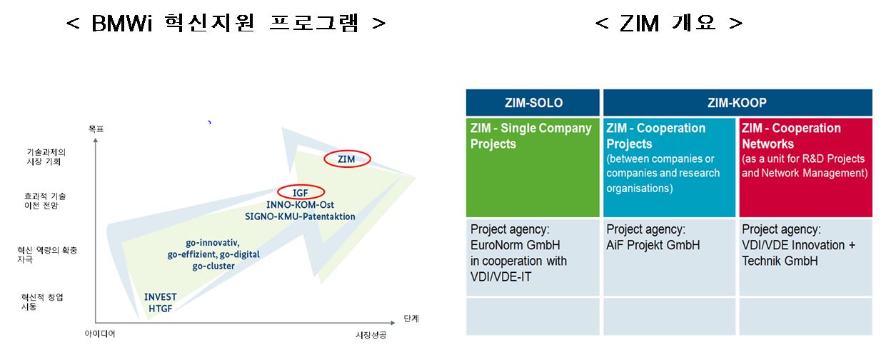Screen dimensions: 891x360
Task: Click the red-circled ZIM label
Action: (x=346, y=159)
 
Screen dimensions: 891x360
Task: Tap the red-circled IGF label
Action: (x=301, y=193)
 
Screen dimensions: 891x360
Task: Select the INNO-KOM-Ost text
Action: (x=300, y=205)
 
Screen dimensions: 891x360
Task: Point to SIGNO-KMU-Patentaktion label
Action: (x=300, y=216)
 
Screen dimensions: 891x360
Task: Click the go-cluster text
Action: (x=213, y=266)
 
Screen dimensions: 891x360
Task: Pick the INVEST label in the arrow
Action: (x=161, y=297)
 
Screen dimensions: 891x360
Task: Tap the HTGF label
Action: (x=161, y=309)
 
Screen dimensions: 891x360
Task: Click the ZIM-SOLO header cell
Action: (x=533, y=103)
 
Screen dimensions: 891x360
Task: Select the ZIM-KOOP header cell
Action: (x=738, y=103)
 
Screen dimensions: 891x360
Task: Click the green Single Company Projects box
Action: (x=533, y=167)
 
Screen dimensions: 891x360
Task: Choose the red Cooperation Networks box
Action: (x=805, y=167)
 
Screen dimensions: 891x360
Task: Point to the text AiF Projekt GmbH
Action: (x=653, y=245)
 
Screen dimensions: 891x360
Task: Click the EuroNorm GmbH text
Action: (x=515, y=245)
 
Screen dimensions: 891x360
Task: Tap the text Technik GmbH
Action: (x=780, y=261)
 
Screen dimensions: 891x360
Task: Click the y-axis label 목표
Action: (x=96, y=129)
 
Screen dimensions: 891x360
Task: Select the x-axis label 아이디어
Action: (x=100, y=334)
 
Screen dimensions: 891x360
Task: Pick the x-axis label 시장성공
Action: (x=371, y=335)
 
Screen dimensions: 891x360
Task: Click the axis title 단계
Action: (x=411, y=319)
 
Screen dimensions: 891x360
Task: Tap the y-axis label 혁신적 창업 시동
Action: (x=41, y=302)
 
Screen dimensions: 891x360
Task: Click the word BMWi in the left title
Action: (x=122, y=24)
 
